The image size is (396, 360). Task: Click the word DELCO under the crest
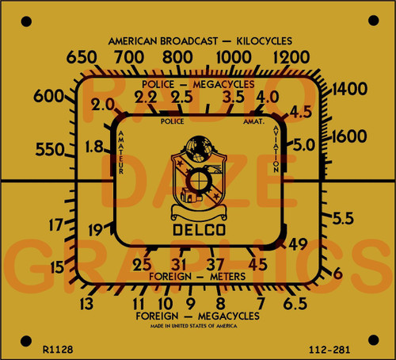click(197, 232)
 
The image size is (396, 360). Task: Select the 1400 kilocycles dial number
click(348, 90)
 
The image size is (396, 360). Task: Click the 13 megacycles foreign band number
click(86, 302)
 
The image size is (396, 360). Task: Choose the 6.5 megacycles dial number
click(295, 303)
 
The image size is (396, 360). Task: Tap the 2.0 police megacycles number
click(102, 105)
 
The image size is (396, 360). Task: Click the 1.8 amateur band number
click(94, 146)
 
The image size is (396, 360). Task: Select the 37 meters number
click(215, 264)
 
